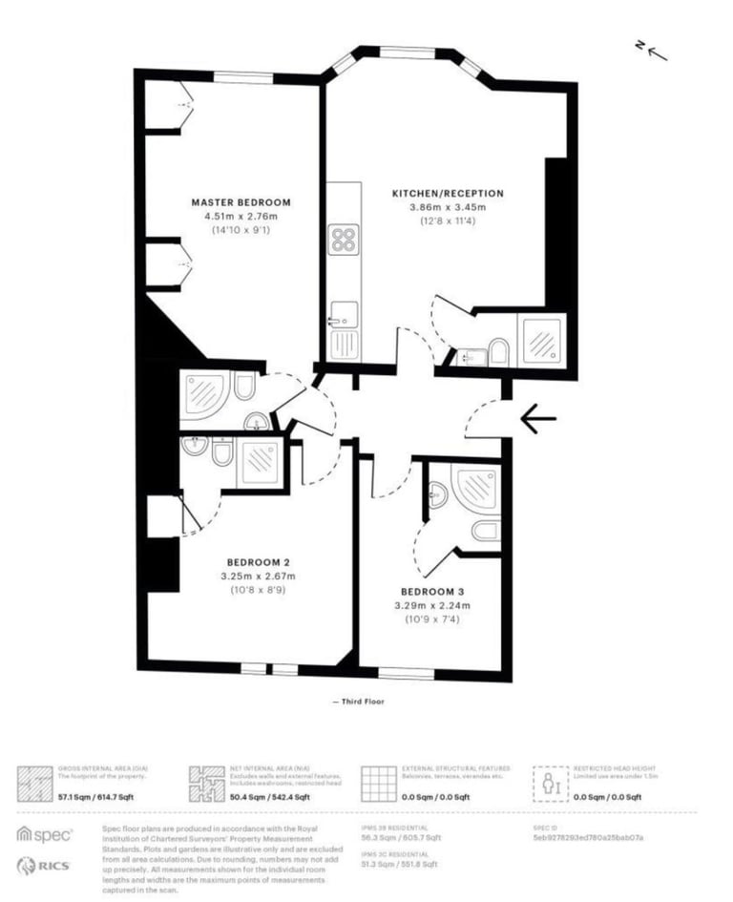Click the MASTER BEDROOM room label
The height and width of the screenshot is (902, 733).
(241, 202)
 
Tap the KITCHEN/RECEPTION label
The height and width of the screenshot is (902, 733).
(448, 194)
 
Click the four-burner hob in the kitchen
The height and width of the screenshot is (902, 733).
(344, 238)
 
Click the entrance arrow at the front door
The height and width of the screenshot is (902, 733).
(538, 418)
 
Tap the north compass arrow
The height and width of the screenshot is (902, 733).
(656, 50)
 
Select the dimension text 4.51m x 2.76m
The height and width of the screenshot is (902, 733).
(241, 217)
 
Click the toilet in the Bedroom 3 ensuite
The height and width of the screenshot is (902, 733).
(484, 531)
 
